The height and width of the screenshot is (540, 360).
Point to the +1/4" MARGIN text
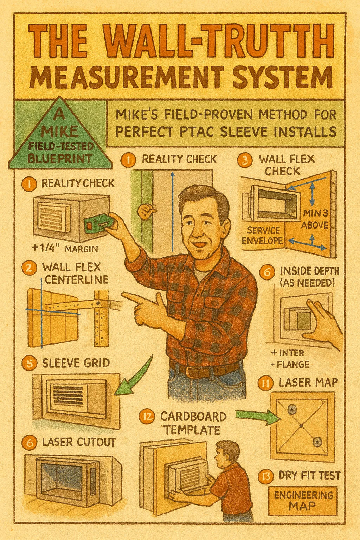coord(65,249)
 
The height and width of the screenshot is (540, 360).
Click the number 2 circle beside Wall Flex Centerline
coord(29,268)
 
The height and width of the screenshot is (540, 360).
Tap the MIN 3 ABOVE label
coord(314,219)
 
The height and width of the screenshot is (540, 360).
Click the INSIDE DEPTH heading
coord(309,271)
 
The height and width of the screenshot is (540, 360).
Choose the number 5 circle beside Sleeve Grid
coord(29,363)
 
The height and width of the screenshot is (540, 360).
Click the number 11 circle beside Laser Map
coord(266,383)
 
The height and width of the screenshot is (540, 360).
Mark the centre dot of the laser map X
coord(302,426)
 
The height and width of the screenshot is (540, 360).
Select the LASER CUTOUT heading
coord(78,442)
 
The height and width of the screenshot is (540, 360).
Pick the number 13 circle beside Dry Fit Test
coord(266,476)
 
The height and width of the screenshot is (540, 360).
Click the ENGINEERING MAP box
coord(303,501)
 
